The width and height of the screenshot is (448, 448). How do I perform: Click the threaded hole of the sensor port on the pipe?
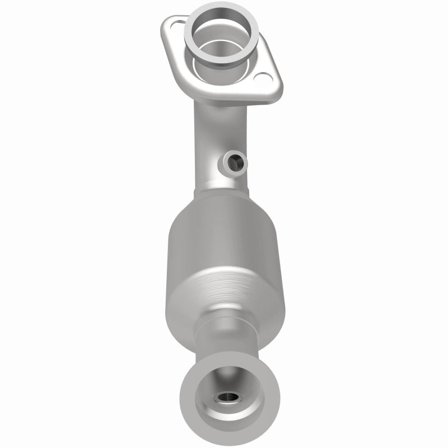237,163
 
